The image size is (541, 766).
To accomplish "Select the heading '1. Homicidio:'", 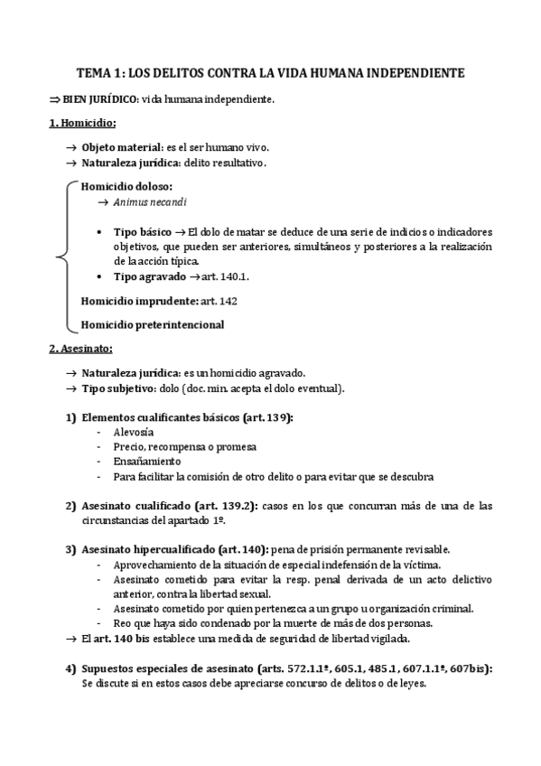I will click(x=82, y=122).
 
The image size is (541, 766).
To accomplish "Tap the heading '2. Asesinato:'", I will click(x=80, y=348).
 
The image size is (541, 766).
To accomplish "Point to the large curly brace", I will click(x=61, y=257).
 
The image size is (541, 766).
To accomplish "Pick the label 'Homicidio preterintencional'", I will click(x=152, y=324).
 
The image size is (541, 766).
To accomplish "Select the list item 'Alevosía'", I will click(x=133, y=433).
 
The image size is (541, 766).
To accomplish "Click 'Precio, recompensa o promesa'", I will click(x=185, y=447).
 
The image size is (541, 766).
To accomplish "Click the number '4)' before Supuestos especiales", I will click(x=70, y=668).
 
